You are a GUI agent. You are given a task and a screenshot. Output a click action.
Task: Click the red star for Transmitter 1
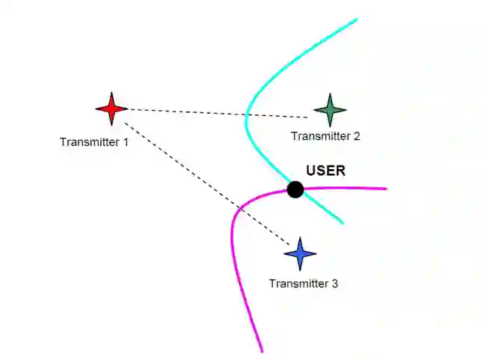[x=111, y=109]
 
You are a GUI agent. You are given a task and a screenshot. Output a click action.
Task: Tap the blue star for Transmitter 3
[x=301, y=254]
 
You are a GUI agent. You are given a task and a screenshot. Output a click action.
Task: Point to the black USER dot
[x=295, y=189]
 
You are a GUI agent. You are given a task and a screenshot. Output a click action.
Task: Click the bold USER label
[x=325, y=171]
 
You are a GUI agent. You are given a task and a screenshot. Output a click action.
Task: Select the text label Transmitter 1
[x=94, y=141]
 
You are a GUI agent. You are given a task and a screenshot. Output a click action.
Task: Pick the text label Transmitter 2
[x=325, y=136]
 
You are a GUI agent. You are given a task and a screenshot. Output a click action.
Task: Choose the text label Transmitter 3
[x=303, y=284]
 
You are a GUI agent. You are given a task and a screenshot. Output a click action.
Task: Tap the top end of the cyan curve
[x=356, y=19]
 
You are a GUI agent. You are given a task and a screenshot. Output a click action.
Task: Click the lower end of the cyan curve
[x=343, y=222]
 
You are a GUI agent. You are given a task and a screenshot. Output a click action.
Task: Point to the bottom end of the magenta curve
[x=261, y=350]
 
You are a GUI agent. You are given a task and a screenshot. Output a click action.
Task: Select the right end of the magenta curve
[x=385, y=189]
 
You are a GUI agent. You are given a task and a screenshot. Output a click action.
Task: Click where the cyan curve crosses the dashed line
[x=246, y=115]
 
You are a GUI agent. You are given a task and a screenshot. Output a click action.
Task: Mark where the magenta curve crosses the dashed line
[x=242, y=205]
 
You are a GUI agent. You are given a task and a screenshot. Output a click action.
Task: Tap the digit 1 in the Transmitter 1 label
[x=125, y=141]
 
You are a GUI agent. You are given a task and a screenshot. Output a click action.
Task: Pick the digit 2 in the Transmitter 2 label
[x=356, y=136]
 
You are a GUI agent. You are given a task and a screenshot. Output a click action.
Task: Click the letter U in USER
[x=311, y=171]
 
